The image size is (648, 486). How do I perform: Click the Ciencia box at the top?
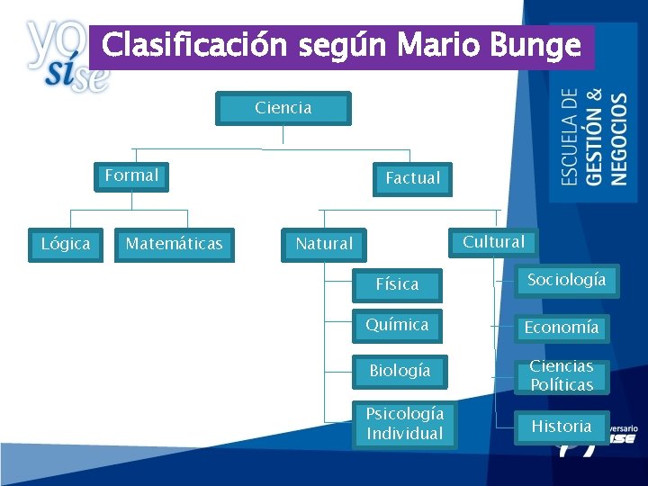point(283,108)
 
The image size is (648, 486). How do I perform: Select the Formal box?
point(132,175)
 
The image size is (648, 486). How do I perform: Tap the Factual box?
point(412,178)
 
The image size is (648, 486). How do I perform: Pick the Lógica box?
point(66,244)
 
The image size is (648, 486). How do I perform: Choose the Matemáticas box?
point(174,244)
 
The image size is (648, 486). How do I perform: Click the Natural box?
point(324,244)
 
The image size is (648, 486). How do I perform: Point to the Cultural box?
point(493,241)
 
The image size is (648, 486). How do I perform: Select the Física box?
point(397,284)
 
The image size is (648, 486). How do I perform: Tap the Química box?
point(397,325)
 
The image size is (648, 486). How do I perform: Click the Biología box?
point(400,371)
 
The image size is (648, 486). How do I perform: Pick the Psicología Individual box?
point(404,424)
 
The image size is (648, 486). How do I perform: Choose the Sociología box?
point(566,280)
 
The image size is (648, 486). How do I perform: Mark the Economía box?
point(562,328)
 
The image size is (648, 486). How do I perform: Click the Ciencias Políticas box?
point(562,376)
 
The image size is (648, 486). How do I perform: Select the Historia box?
point(562,427)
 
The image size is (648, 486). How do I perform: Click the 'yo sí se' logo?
point(63,56)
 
